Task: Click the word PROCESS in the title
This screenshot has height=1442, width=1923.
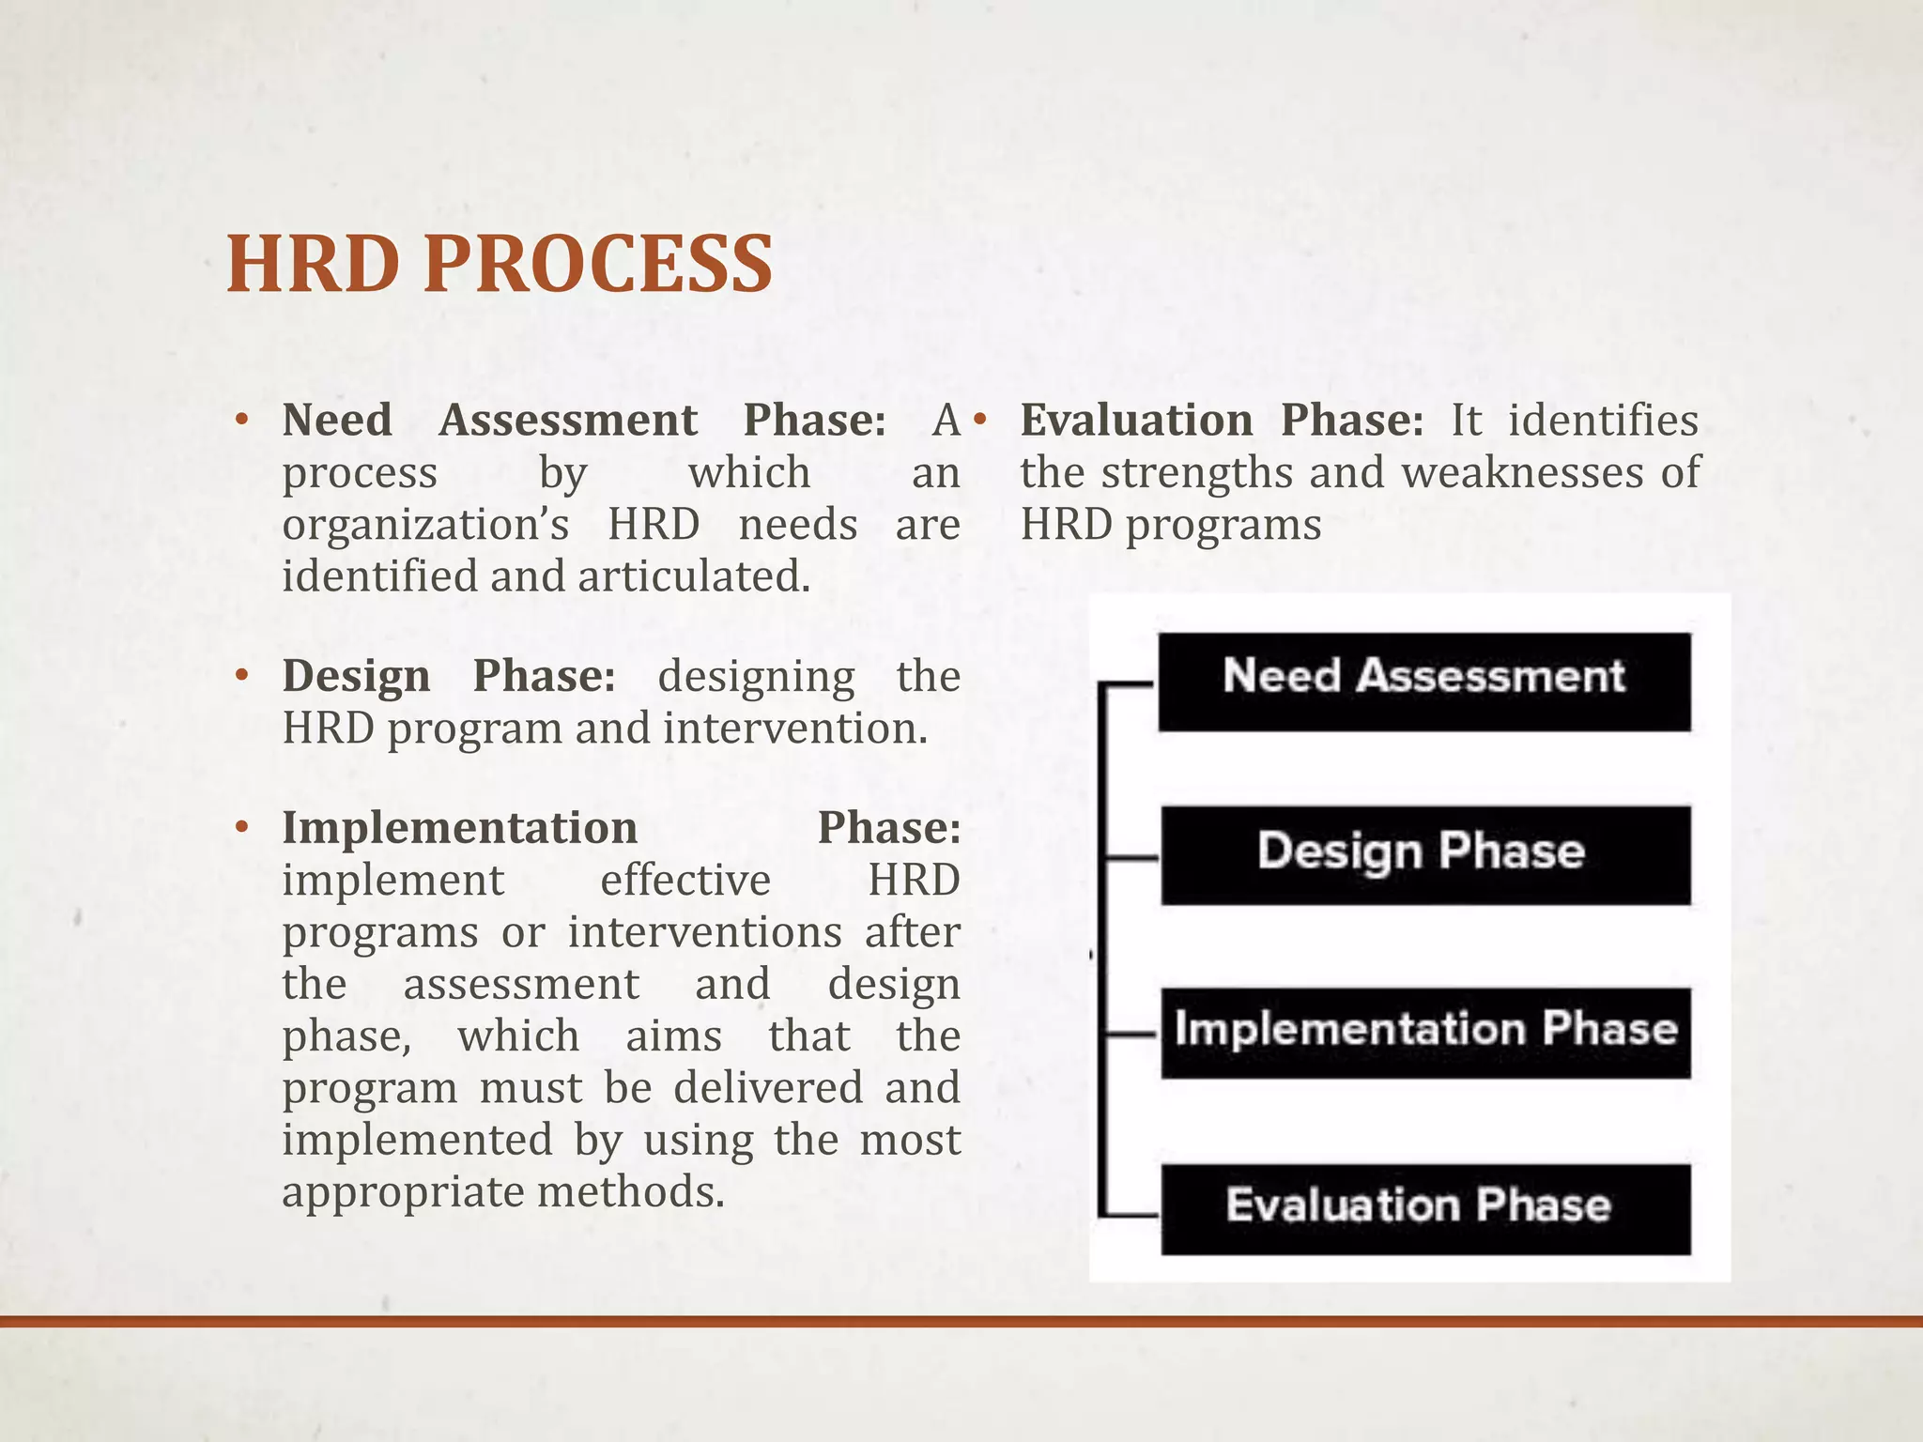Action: [598, 265]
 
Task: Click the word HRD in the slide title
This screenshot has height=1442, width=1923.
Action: [314, 265]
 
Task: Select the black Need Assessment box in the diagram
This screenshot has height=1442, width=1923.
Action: [1423, 682]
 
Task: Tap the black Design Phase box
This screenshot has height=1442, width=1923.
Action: [1424, 854]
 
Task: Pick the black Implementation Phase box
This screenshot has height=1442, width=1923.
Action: [1424, 1032]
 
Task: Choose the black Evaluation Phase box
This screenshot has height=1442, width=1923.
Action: [1424, 1208]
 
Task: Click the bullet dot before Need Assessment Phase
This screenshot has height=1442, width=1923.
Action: [241, 420]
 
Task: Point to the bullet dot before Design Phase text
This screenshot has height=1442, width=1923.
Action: [241, 676]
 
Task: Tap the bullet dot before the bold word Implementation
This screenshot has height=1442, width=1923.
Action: [241, 828]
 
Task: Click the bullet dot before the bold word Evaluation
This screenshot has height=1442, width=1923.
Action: [979, 420]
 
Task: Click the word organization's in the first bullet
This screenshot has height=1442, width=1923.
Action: [425, 524]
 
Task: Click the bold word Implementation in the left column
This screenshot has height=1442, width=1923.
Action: [459, 828]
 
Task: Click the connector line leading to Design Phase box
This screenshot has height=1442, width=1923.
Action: [1131, 857]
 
